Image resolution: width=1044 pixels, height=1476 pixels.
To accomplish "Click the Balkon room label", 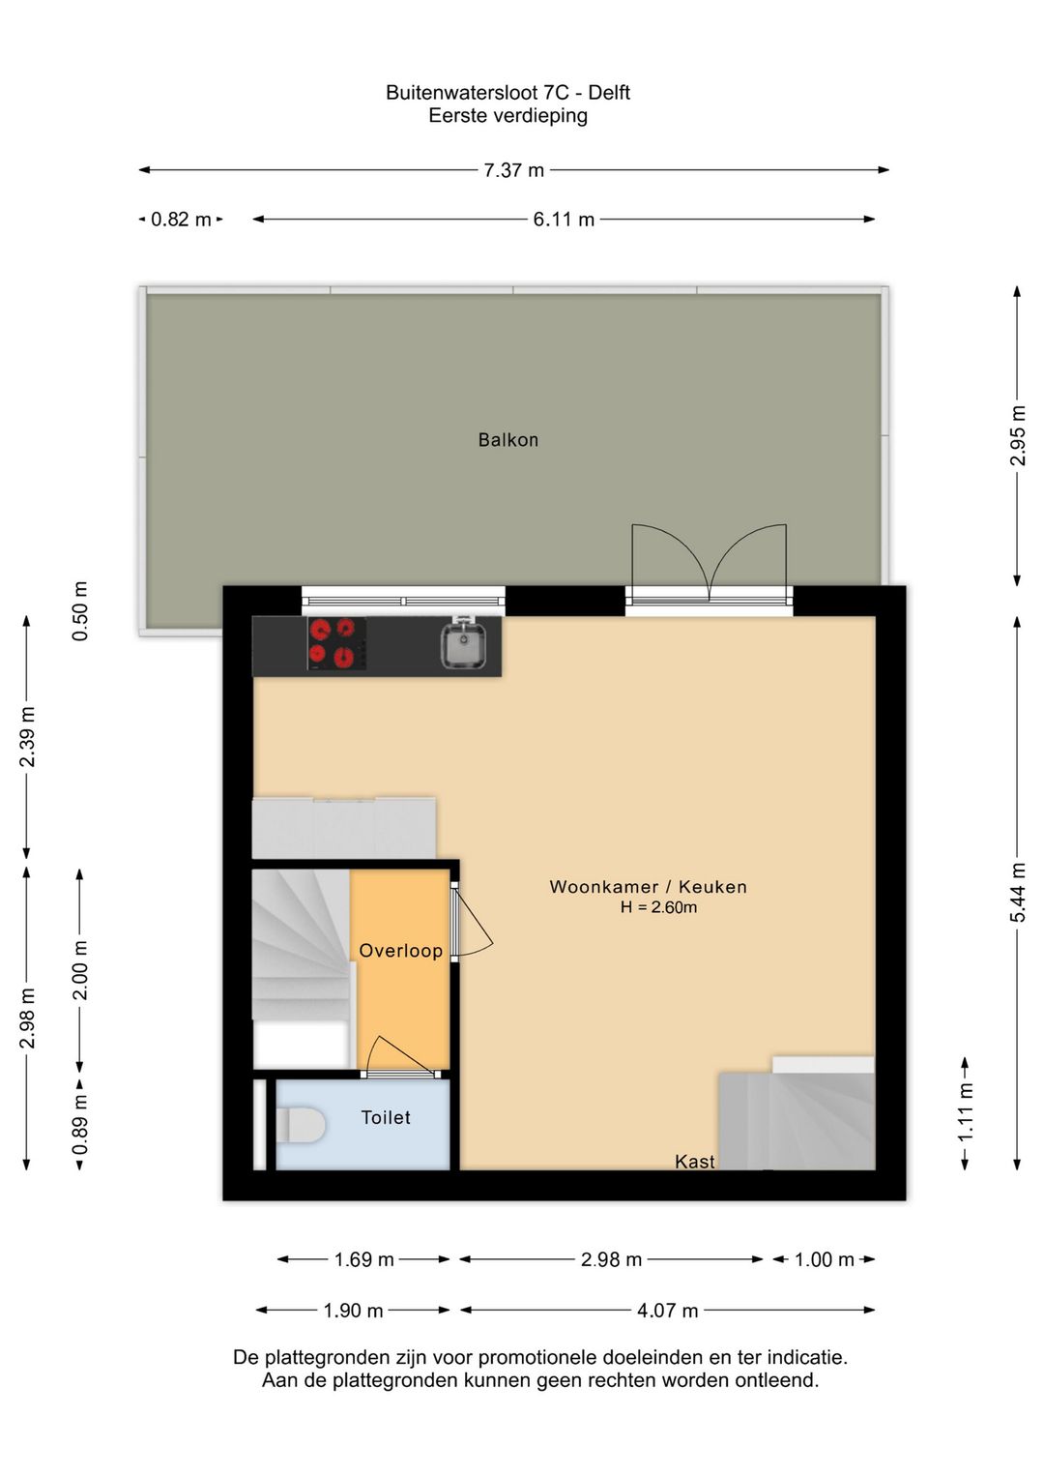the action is tap(507, 439).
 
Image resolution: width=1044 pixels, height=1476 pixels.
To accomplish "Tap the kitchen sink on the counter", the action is tap(464, 644).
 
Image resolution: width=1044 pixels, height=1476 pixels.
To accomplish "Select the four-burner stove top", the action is tap(336, 644).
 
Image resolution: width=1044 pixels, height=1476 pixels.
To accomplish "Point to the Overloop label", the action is tap(400, 951).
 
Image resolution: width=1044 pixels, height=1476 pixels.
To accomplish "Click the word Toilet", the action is tap(386, 1117).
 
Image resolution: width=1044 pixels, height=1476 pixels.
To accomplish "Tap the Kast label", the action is tap(694, 1161).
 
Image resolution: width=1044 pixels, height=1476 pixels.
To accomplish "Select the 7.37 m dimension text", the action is tap(513, 170).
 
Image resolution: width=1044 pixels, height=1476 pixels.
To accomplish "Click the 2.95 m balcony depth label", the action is tap(1018, 435).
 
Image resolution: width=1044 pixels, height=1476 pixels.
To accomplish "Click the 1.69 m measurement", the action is tap(363, 1260).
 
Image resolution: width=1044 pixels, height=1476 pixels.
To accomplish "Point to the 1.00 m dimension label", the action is tap(824, 1260).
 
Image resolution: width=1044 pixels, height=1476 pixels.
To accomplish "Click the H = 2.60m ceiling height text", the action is tap(658, 907).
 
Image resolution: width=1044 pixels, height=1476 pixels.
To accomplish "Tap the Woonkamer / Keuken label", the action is tap(648, 887).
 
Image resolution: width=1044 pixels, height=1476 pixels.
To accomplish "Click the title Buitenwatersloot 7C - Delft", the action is tap(507, 92).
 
